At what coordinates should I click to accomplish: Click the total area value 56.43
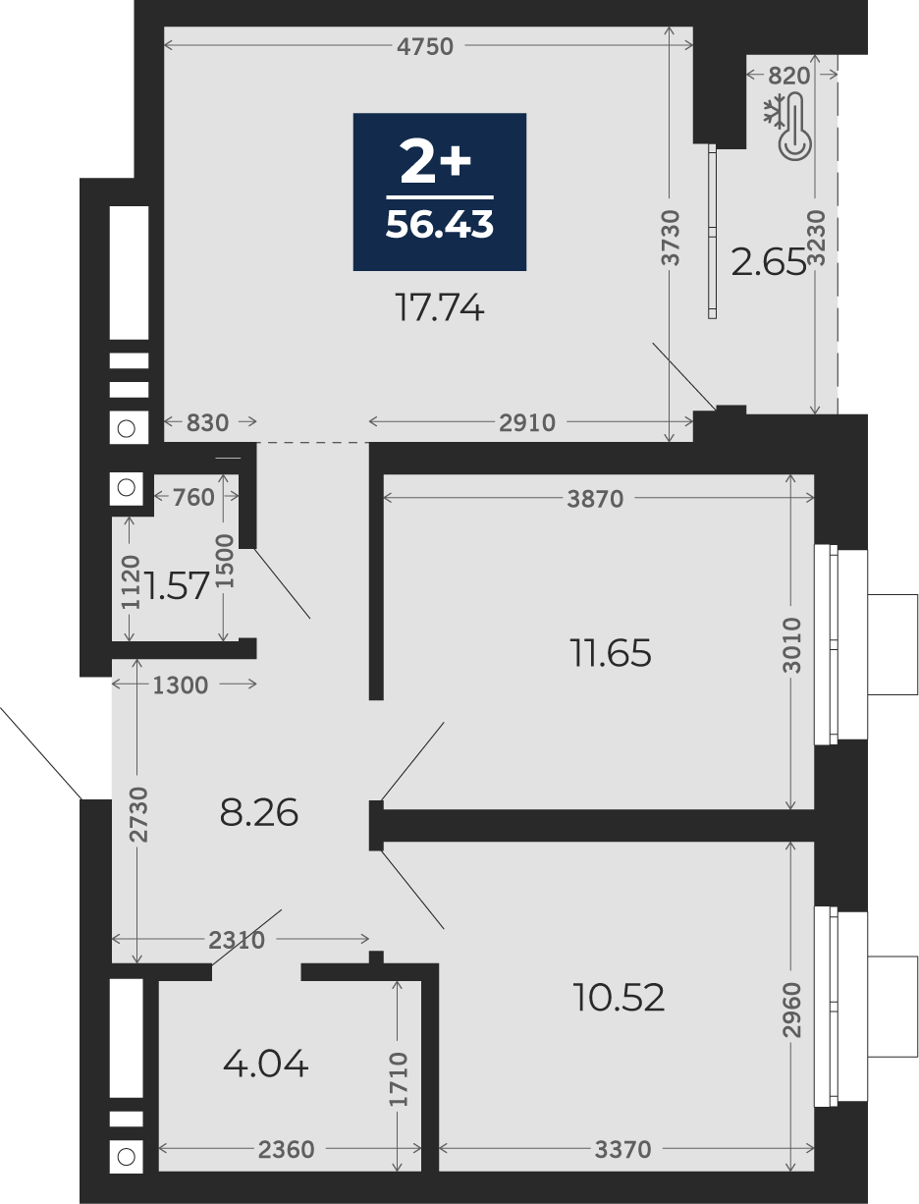(439, 224)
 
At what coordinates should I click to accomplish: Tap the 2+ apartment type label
(435, 161)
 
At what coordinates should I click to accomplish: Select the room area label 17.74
(439, 307)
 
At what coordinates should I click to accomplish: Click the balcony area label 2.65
(769, 262)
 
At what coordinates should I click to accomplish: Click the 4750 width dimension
(425, 46)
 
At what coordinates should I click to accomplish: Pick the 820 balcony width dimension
(788, 76)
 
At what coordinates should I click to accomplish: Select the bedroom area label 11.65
(611, 653)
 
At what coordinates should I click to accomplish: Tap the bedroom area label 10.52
(619, 997)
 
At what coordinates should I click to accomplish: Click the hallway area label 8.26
(259, 812)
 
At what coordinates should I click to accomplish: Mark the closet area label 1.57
(176, 585)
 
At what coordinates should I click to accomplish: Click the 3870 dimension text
(595, 499)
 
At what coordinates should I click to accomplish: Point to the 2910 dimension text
(527, 423)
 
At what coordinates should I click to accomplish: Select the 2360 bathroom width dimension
(287, 1149)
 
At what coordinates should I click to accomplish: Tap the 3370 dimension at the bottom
(622, 1149)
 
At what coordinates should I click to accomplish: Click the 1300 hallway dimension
(181, 685)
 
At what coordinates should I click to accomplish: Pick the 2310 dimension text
(237, 941)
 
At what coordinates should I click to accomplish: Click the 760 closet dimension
(193, 498)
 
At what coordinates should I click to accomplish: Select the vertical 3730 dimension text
(670, 238)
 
